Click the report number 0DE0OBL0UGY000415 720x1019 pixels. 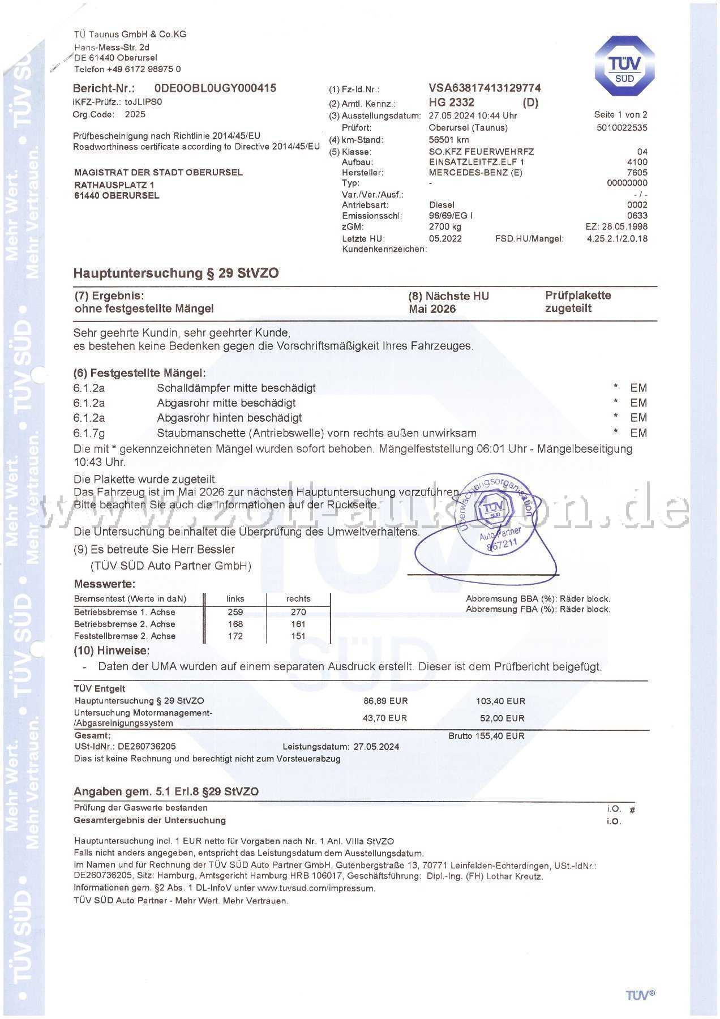(x=215, y=88)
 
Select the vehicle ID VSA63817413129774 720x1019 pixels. (x=485, y=88)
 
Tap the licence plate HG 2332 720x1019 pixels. (x=451, y=102)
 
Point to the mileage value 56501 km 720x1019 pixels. (x=448, y=140)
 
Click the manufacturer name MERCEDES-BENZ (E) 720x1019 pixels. (x=475, y=173)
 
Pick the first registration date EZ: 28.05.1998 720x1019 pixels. (x=616, y=226)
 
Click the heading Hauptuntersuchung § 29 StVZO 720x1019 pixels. (x=176, y=273)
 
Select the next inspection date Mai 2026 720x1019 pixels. (x=432, y=309)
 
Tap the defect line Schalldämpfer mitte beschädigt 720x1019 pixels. (x=236, y=388)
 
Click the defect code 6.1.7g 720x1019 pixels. (x=89, y=433)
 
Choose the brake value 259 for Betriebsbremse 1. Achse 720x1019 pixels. (x=235, y=612)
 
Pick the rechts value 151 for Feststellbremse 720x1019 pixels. (x=298, y=636)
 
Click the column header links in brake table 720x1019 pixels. (x=235, y=598)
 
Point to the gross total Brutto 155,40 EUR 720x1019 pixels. (x=486, y=736)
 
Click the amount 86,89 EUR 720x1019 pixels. (x=385, y=701)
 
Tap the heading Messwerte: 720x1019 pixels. (x=105, y=584)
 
